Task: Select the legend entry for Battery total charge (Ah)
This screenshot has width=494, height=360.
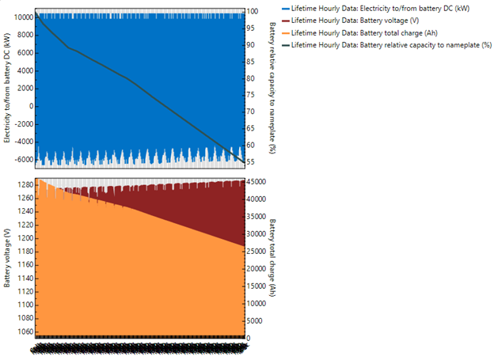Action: tap(379, 33)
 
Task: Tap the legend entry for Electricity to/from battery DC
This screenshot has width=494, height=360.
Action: tap(388, 8)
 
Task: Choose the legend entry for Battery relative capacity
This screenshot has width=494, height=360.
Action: tap(392, 46)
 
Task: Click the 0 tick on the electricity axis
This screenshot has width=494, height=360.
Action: tap(29, 106)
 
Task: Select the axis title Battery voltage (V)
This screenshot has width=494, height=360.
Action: tap(7, 257)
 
